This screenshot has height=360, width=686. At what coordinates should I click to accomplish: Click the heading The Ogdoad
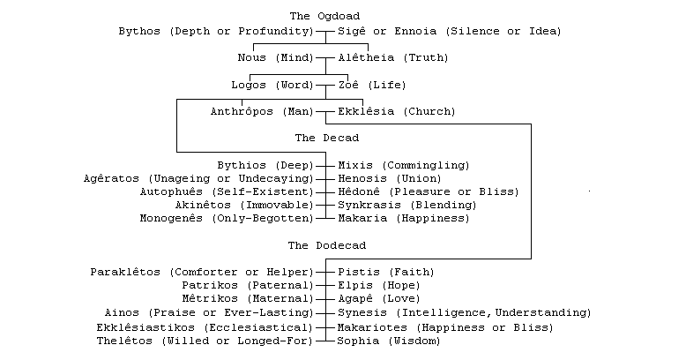[324, 16]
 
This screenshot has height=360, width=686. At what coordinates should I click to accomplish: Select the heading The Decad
[326, 138]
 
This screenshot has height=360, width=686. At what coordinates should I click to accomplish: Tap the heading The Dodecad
[326, 244]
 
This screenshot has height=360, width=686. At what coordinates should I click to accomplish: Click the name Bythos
[139, 31]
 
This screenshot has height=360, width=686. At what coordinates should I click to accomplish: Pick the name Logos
[249, 85]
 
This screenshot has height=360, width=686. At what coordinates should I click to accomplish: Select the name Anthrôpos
[242, 112]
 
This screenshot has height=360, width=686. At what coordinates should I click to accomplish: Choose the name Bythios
[242, 165]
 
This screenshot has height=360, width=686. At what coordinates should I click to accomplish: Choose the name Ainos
[122, 312]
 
